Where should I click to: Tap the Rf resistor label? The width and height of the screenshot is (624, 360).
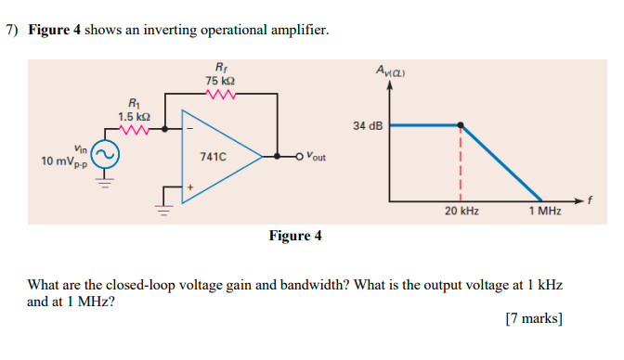[219, 67]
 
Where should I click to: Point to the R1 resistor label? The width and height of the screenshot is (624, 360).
[133, 104]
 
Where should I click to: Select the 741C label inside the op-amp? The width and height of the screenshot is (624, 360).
[212, 158]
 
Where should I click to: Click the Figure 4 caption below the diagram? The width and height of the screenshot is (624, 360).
[294, 236]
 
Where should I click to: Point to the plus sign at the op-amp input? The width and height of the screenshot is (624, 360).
[190, 187]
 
